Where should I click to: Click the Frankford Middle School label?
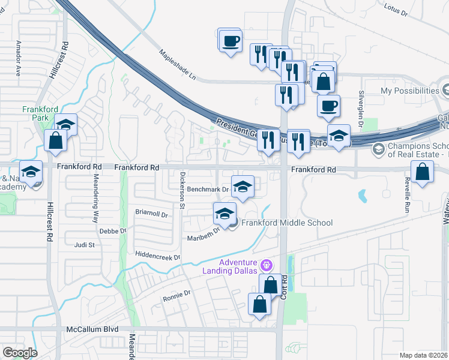pyautogui.click(x=287, y=223)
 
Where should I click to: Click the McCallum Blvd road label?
pyautogui.click(x=92, y=329)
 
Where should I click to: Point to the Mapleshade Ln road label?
pyautogui.click(x=178, y=65)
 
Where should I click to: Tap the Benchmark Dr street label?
pyautogui.click(x=208, y=189)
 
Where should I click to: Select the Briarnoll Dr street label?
pyautogui.click(x=151, y=213)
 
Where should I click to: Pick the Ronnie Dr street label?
pyautogui.click(x=176, y=295)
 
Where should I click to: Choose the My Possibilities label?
pyautogui.click(x=410, y=91)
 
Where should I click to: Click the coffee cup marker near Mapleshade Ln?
pyautogui.click(x=229, y=41)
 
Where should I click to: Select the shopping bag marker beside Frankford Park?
pyautogui.click(x=55, y=141)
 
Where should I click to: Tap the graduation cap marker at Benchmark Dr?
pyautogui.click(x=243, y=186)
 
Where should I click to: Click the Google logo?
pyautogui.click(x=20, y=353)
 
